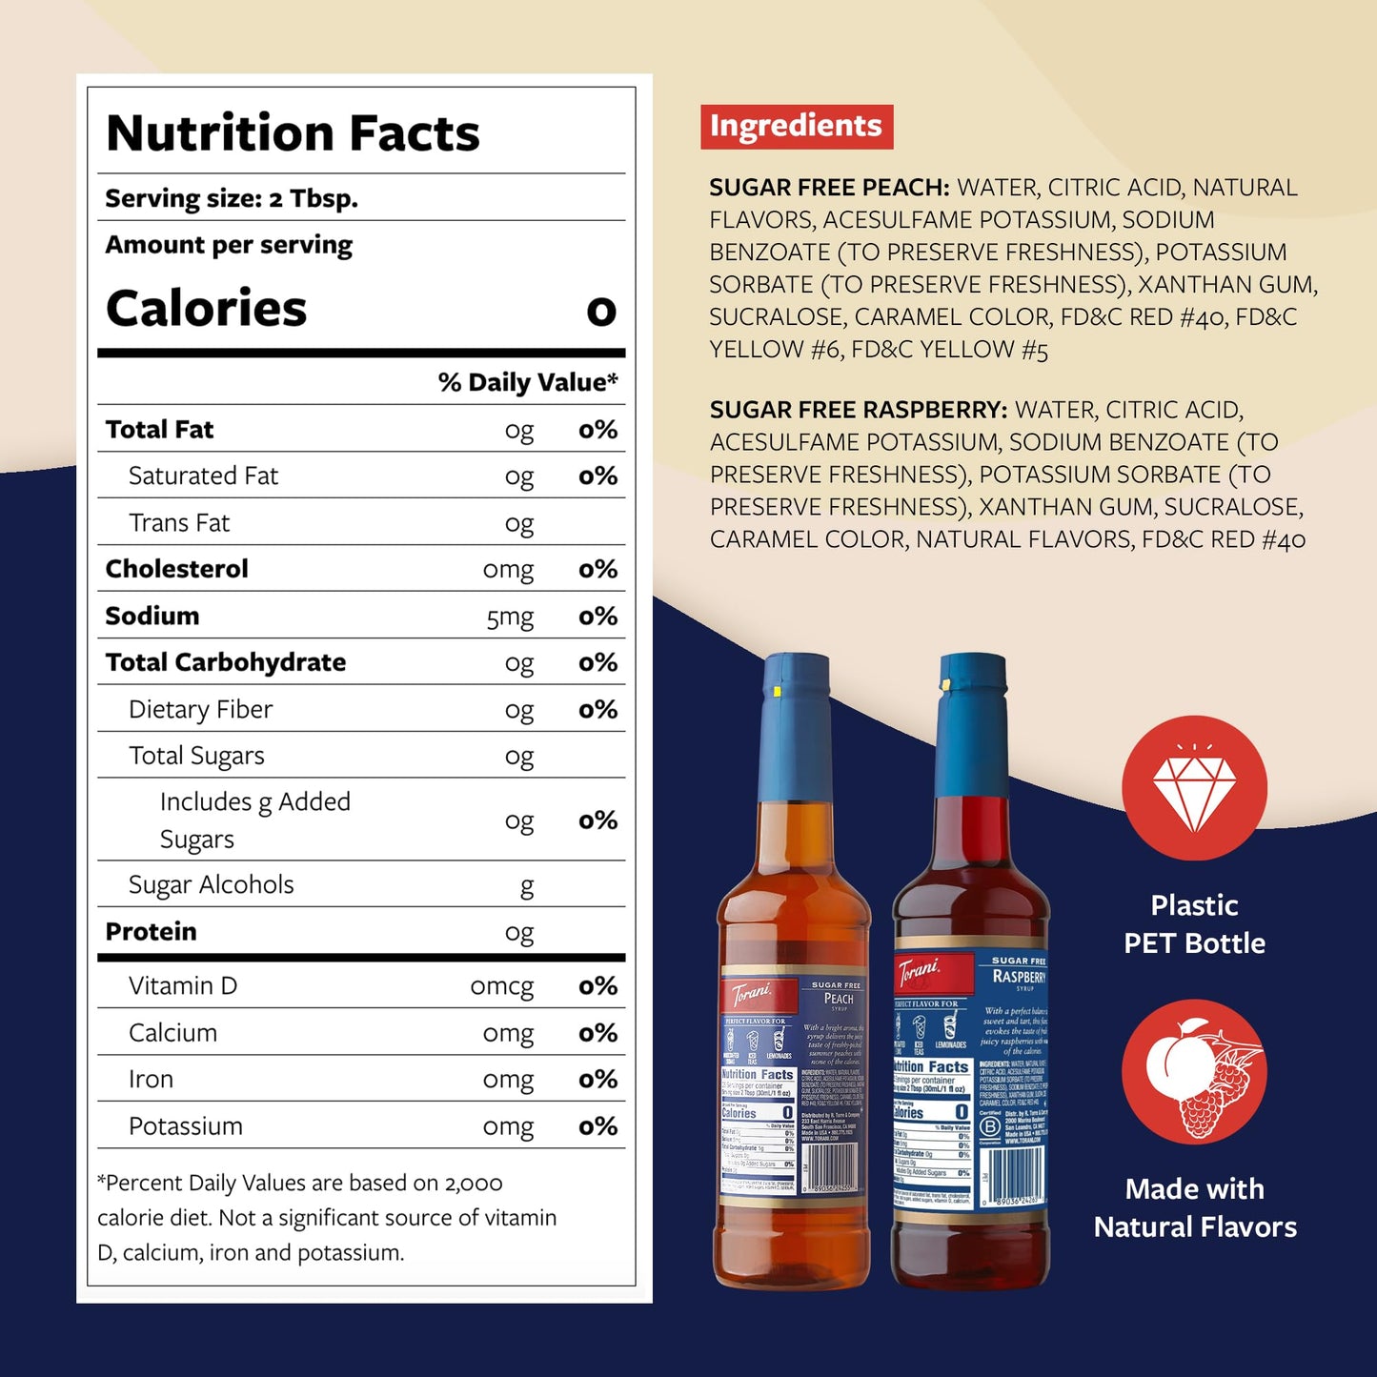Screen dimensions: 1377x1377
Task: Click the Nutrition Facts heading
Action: click(293, 133)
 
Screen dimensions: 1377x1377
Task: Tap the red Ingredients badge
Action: click(797, 127)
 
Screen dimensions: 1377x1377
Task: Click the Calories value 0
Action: click(601, 311)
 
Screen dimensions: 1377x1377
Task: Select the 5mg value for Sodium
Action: click(510, 618)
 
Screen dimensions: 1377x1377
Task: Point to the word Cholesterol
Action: click(176, 569)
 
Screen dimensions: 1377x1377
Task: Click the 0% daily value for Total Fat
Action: click(597, 430)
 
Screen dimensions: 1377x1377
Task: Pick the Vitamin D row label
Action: click(183, 985)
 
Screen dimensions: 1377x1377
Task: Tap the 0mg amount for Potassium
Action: click(508, 1126)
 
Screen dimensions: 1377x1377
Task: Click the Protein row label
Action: click(151, 931)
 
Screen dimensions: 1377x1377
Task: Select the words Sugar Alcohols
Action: click(211, 884)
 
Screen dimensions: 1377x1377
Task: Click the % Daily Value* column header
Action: click(527, 382)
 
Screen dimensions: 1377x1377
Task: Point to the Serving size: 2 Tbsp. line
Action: click(232, 198)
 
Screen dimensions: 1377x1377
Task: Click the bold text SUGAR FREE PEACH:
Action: click(829, 188)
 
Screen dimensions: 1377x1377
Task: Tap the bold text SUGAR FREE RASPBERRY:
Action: click(858, 410)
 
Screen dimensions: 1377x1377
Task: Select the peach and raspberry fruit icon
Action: click(1194, 1072)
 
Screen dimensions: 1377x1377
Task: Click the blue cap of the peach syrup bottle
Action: click(795, 729)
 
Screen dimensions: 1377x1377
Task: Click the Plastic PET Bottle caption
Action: click(1194, 924)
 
